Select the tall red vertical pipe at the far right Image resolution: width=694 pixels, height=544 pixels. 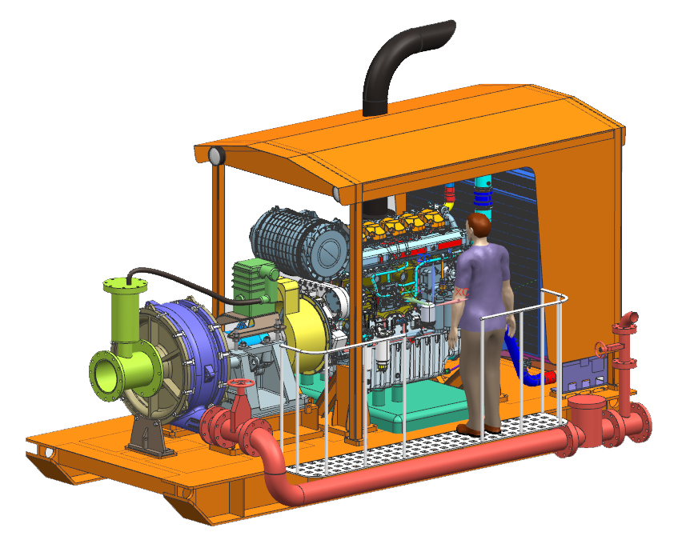point(624,352)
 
